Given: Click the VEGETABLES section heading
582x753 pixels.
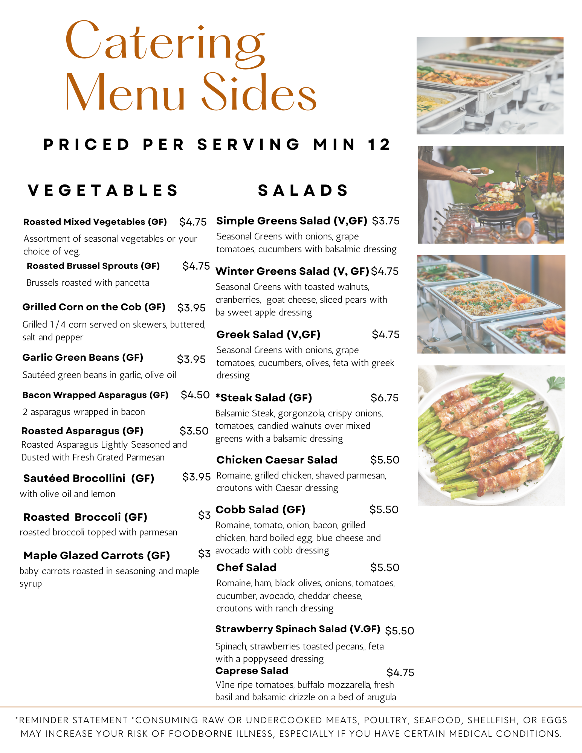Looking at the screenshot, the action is [103, 191].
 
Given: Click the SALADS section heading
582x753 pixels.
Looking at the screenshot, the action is [303, 191].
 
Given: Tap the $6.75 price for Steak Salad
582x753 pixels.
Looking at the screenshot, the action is [384, 398].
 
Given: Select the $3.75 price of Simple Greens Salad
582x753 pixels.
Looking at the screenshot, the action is [386, 221].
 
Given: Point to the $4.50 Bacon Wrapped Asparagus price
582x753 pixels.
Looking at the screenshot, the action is [195, 395].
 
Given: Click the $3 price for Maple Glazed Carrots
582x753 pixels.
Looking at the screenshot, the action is [204, 554].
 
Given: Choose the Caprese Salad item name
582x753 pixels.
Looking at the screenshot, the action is [252, 671].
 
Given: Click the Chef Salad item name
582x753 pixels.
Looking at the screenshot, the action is [246, 568].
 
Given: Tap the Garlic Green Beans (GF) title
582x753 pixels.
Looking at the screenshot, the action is [83, 358].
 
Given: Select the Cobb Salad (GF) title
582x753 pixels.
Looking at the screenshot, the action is [260, 510].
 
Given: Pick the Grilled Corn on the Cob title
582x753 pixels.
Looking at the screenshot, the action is [94, 307].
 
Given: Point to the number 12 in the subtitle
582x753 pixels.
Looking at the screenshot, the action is [379, 145].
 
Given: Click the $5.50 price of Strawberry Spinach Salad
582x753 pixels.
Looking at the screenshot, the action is [399, 631].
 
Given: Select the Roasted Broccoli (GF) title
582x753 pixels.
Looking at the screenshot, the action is [85, 517].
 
